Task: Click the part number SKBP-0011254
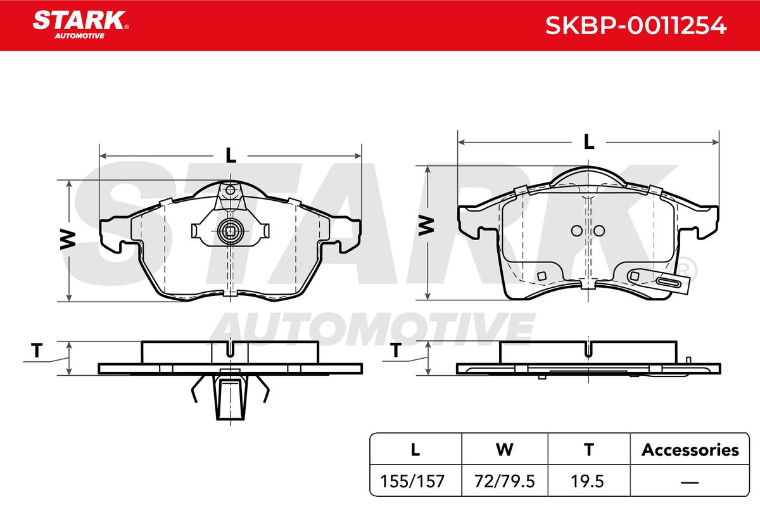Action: [635, 25]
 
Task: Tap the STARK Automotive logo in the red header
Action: [80, 25]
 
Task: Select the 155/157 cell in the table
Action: [412, 481]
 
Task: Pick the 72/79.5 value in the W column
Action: [505, 481]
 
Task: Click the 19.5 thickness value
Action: [587, 481]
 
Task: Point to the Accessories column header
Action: [690, 449]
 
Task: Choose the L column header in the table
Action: [415, 449]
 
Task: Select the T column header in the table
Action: [588, 449]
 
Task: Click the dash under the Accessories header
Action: [690, 482]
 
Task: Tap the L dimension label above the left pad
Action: [231, 155]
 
